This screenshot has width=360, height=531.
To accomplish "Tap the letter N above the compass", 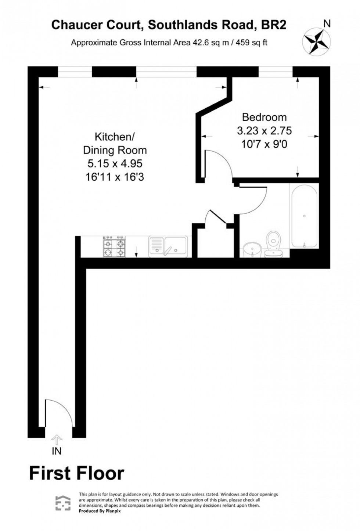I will point(326,24).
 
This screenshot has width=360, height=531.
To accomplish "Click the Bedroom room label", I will point(264,118).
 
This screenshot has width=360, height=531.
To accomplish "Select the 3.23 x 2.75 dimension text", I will point(264,131).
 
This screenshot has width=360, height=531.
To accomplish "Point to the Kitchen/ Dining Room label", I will point(115,144).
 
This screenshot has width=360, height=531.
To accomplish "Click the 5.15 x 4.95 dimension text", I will point(115,163).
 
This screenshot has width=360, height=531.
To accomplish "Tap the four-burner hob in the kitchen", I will point(114,246).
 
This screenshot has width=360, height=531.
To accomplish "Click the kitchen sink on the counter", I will point(168,246).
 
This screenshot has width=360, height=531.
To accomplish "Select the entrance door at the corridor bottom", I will point(59,413).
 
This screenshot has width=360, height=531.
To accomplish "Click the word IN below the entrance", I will point(57,451).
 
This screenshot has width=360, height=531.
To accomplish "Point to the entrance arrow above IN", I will point(57,439).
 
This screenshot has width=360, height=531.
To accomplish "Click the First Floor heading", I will point(77,473).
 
